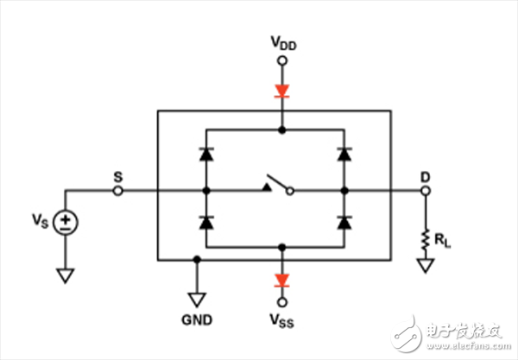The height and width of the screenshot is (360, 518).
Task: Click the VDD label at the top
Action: [x=283, y=43]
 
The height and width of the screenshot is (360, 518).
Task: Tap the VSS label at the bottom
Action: [x=281, y=320]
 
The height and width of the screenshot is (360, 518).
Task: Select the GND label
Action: [x=197, y=319]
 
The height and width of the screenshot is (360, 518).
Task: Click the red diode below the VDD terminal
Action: [x=282, y=92]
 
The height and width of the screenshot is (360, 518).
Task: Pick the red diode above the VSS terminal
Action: [x=282, y=281]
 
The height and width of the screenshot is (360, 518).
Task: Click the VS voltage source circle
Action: [x=66, y=222]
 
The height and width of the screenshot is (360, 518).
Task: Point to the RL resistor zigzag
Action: [x=426, y=238]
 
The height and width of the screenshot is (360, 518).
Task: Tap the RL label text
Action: [x=442, y=240]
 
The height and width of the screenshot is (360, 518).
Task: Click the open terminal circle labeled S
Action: [x=118, y=191]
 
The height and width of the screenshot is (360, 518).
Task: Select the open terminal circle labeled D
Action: [x=426, y=191]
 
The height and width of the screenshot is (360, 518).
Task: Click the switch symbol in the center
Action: [x=278, y=186]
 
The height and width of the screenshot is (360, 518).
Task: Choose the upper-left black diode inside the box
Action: [x=206, y=155]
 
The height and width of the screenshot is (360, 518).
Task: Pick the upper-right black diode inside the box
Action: [x=344, y=155]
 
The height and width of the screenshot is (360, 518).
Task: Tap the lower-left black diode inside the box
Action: [x=206, y=223]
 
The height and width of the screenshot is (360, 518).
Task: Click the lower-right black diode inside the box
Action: [x=344, y=223]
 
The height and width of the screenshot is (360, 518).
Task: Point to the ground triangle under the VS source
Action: [x=66, y=275]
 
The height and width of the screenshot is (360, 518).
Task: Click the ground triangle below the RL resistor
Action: [x=426, y=265]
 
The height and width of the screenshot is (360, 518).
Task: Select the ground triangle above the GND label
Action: [x=197, y=300]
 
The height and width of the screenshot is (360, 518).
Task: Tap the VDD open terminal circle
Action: [x=282, y=60]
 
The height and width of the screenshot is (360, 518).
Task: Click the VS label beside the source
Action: [x=41, y=220]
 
